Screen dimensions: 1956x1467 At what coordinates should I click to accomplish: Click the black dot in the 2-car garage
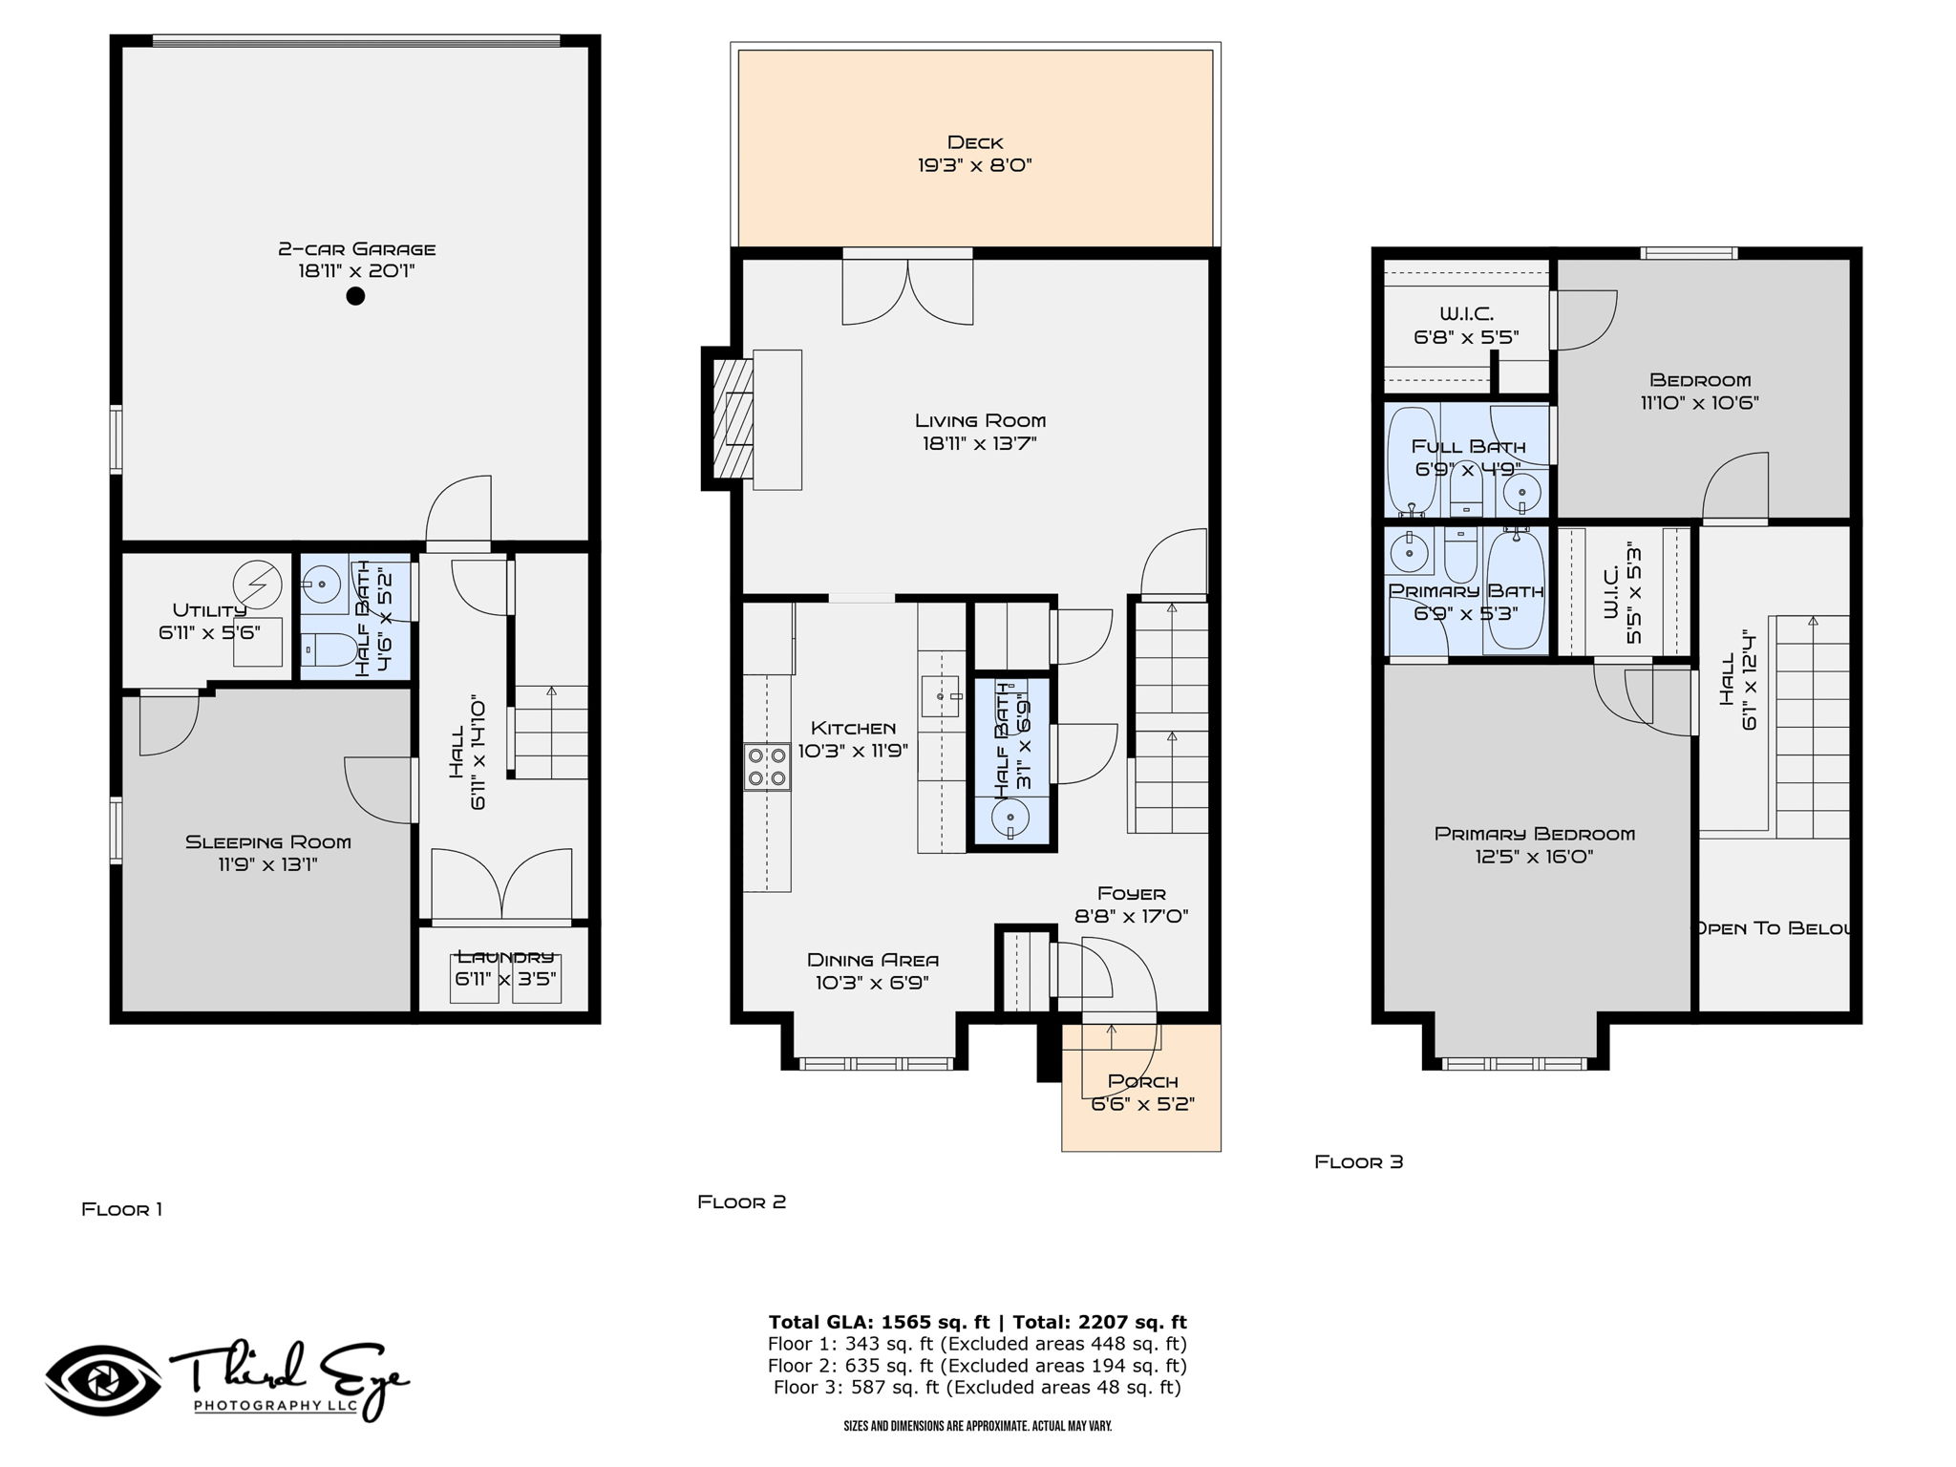(355, 296)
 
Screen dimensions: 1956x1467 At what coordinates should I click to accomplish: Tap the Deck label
(975, 142)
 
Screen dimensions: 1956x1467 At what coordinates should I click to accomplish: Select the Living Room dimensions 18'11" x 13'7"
(980, 443)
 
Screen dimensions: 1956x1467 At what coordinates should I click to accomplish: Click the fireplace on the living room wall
(733, 418)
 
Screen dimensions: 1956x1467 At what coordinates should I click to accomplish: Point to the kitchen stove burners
(768, 766)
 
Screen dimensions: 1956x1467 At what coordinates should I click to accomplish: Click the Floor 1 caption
(122, 1209)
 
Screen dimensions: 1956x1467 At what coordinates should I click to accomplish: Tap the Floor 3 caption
(1359, 1161)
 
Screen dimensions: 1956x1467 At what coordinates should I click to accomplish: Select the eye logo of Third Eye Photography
(103, 1381)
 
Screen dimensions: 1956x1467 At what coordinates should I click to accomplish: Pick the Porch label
(1143, 1081)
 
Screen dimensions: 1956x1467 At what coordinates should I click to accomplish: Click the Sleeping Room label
(268, 841)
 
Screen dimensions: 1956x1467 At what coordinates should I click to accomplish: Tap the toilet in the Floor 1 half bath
(329, 650)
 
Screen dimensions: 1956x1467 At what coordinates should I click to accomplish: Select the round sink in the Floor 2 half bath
(1010, 818)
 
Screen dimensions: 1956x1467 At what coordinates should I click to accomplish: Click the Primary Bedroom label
(1535, 834)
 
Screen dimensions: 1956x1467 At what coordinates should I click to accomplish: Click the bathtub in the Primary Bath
(1517, 590)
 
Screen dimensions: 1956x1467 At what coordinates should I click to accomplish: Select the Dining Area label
(873, 960)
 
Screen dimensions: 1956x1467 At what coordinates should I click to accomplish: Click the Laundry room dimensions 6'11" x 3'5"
(506, 979)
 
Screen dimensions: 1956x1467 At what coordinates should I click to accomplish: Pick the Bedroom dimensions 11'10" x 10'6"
(1700, 403)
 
